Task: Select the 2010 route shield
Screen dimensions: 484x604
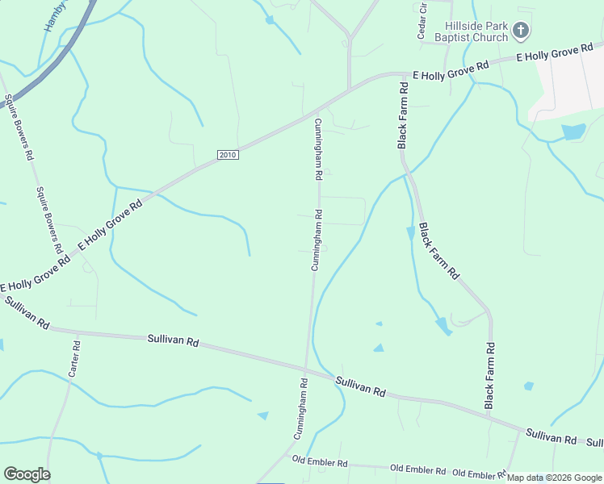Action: (x=229, y=155)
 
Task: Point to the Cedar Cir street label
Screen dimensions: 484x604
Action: (x=422, y=25)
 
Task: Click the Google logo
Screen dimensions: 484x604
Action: (x=27, y=474)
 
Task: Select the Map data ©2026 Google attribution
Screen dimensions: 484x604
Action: (x=553, y=478)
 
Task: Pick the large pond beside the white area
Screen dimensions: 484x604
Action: (x=573, y=131)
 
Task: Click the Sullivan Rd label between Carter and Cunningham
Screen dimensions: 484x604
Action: (x=173, y=340)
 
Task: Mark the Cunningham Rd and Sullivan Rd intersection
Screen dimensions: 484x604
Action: (x=307, y=369)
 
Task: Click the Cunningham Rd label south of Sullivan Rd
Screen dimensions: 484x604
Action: (x=300, y=409)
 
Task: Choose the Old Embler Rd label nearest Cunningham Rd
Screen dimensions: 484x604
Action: (x=320, y=463)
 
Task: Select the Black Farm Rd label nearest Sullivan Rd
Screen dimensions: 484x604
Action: (x=489, y=375)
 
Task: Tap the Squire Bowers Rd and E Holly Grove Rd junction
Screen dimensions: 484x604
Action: (x=68, y=257)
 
